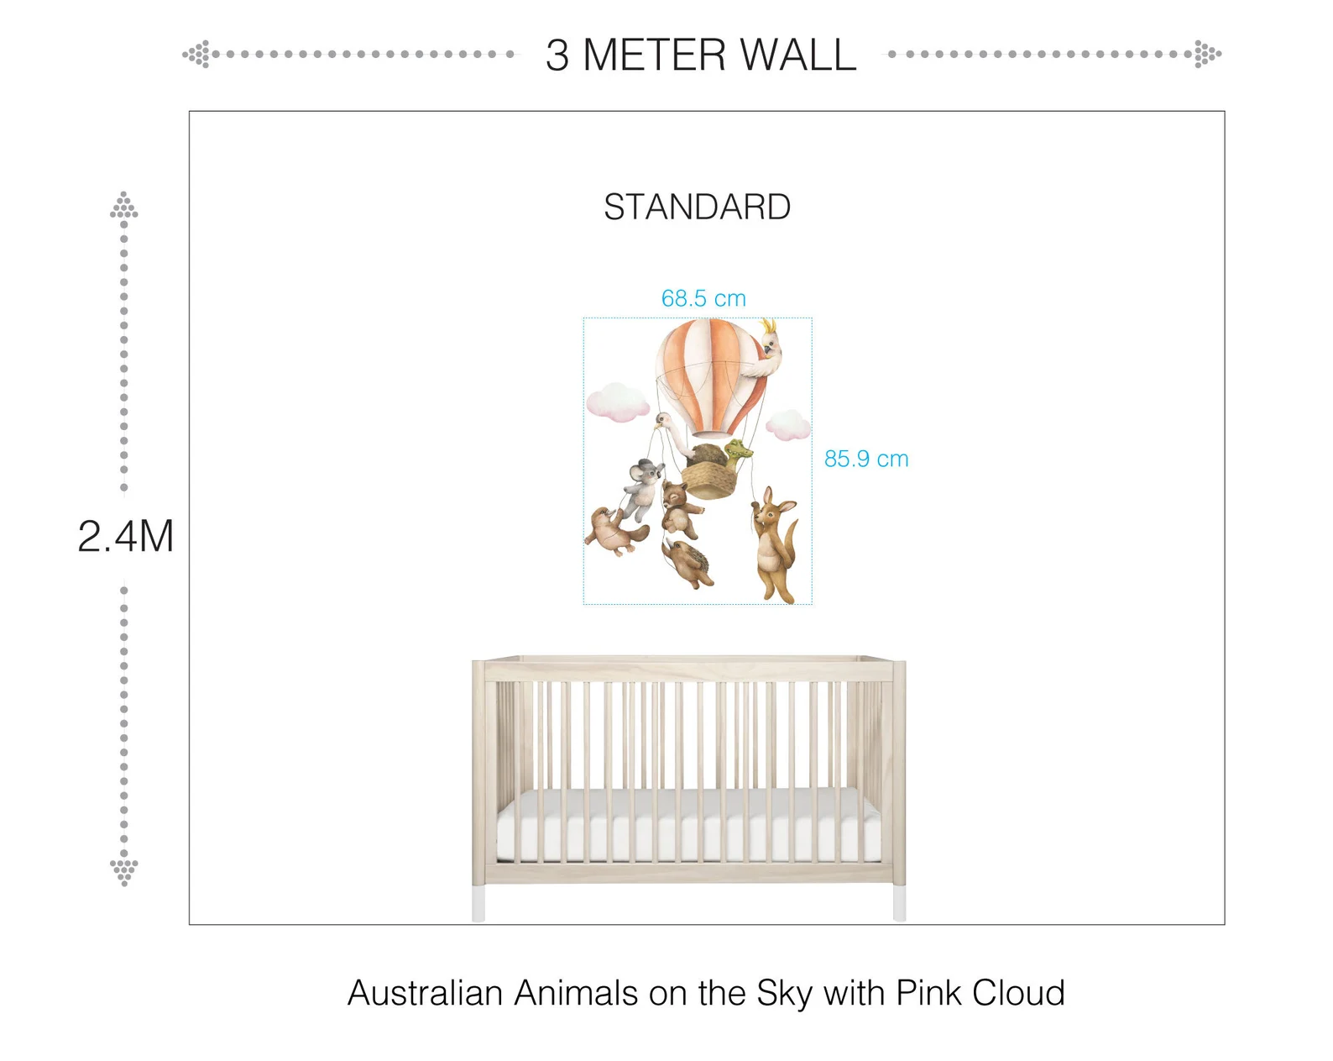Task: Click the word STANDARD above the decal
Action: click(x=697, y=207)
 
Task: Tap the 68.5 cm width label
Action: click(x=703, y=298)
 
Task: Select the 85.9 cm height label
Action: click(x=866, y=459)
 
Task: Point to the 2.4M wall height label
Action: click(x=126, y=536)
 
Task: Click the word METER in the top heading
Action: click(x=654, y=55)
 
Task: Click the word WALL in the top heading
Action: click(x=798, y=55)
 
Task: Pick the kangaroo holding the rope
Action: click(x=774, y=544)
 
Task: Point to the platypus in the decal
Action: click(x=614, y=531)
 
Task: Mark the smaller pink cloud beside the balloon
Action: click(x=788, y=424)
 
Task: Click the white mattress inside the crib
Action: click(x=689, y=825)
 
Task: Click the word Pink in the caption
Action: click(x=928, y=993)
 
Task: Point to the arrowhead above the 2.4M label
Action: click(x=124, y=205)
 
